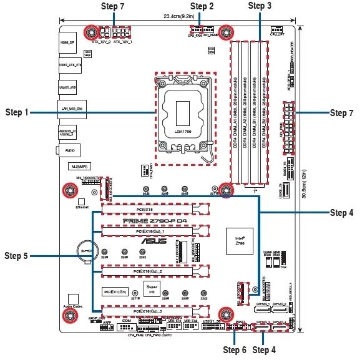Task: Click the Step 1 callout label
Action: click(x=17, y=112)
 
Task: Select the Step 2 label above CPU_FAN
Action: click(x=202, y=6)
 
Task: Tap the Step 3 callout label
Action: click(x=260, y=6)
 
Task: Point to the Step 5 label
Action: click(x=17, y=255)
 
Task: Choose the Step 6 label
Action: click(x=235, y=349)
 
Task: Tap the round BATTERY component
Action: click(x=84, y=250)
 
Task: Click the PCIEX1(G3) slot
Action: click(x=116, y=291)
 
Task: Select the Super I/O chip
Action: click(x=151, y=288)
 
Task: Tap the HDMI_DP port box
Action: click(x=67, y=43)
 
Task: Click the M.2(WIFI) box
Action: click(x=81, y=167)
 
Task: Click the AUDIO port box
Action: click(x=67, y=150)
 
